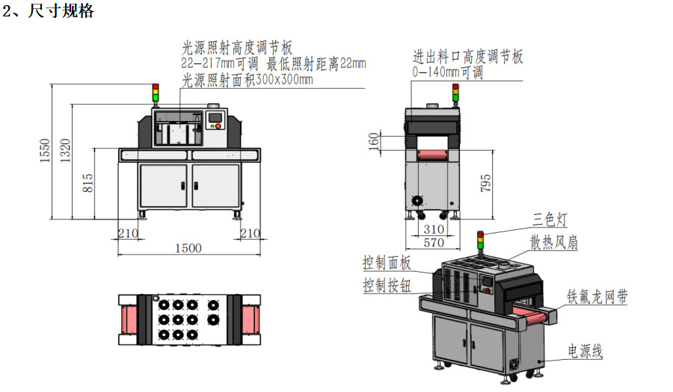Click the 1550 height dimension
click(46, 150)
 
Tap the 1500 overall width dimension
click(188, 248)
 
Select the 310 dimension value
click(434, 229)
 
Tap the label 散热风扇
click(554, 243)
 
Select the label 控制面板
click(387, 263)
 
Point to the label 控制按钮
click(387, 285)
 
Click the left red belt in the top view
click(129, 320)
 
